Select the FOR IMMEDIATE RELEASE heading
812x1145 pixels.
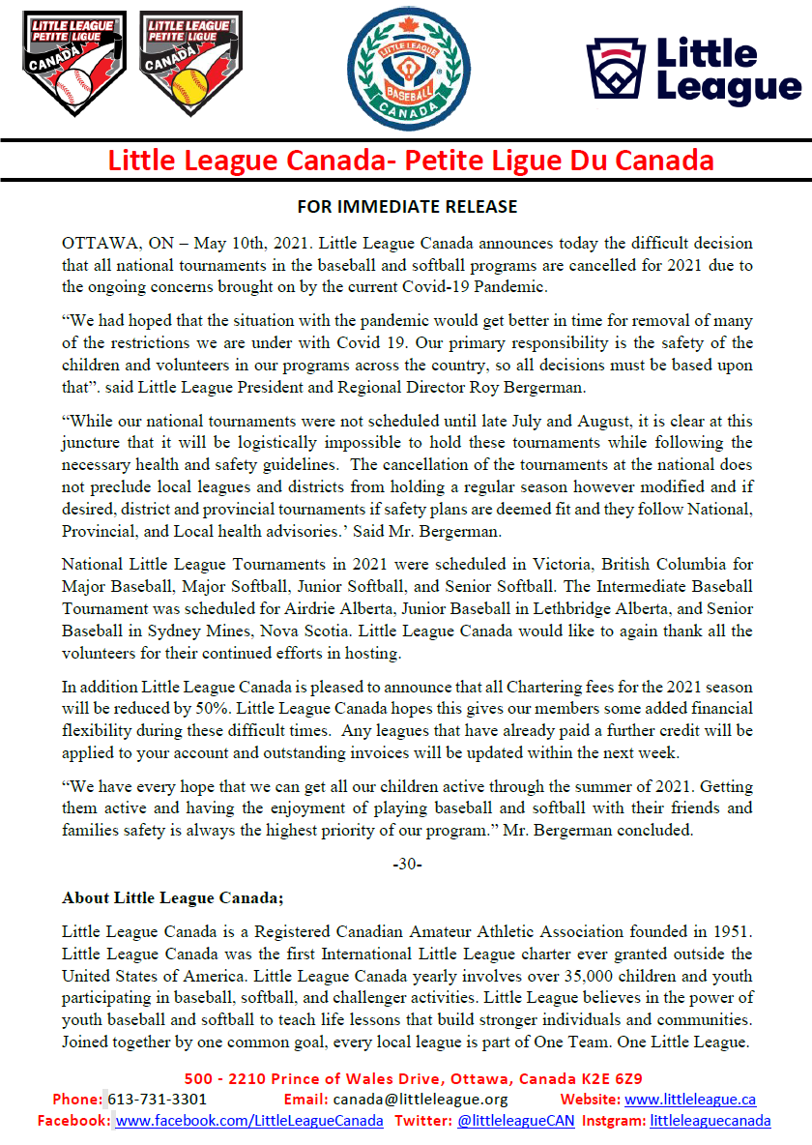[406, 207]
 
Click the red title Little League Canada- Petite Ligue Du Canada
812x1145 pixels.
[411, 160]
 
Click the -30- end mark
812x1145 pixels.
[406, 864]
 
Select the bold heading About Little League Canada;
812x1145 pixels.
[172, 897]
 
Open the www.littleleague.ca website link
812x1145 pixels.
[690, 1100]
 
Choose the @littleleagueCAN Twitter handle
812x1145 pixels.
[516, 1121]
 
